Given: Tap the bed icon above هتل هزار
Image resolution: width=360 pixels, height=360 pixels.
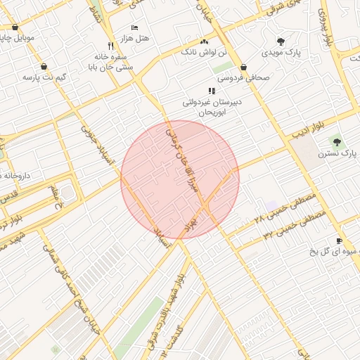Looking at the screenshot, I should click(134, 26).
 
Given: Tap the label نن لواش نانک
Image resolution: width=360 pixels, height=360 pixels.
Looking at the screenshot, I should click(204, 52).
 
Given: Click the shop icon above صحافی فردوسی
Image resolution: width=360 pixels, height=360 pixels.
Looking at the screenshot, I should click(243, 67).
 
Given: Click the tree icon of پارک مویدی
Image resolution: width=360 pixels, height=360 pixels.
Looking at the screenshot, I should click(281, 41).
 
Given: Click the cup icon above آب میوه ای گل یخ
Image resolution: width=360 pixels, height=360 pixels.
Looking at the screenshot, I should click(339, 240).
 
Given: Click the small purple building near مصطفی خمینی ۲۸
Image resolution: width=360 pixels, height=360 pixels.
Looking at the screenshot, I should click(271, 205).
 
